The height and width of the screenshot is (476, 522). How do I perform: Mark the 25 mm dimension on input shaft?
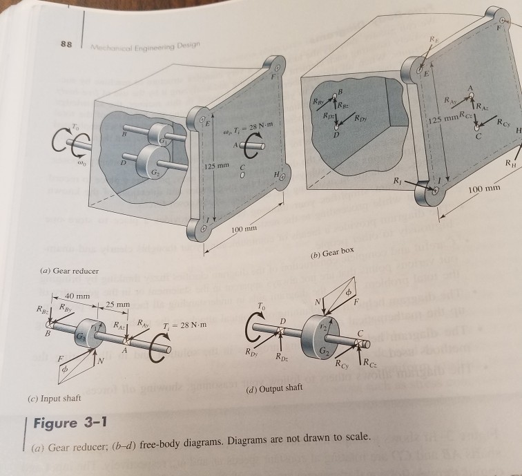click(x=116, y=305)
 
